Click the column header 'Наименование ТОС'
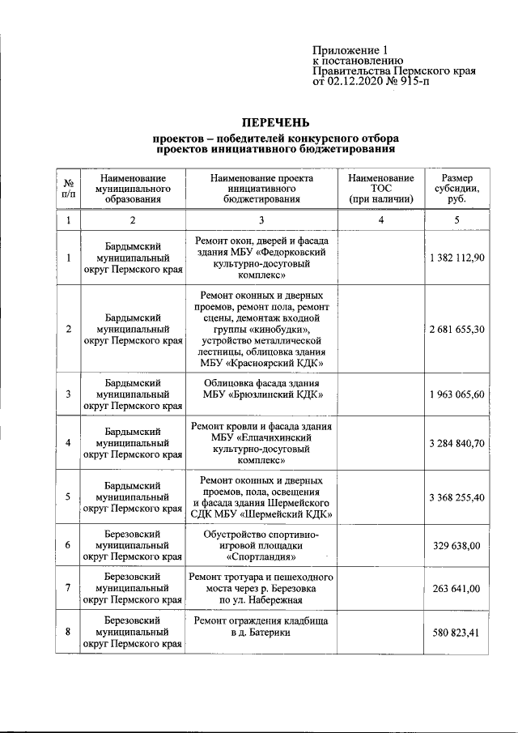pos(380,188)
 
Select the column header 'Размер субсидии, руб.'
pos(456,188)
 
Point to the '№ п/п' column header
pos(69,188)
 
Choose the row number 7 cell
pos(69,589)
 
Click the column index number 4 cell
pos(380,220)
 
